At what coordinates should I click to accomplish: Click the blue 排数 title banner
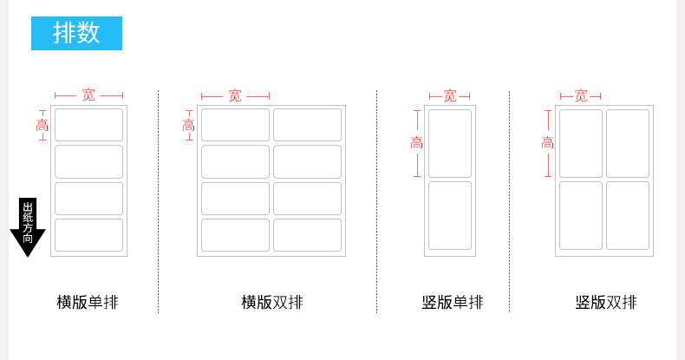[76, 33]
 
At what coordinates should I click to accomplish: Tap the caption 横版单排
[88, 303]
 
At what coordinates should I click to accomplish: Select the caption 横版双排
[272, 303]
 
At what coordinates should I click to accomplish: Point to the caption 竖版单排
[453, 303]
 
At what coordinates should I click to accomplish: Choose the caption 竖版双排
[606, 303]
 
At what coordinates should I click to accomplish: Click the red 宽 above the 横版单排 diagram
[88, 95]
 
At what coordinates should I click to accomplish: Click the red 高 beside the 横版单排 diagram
[42, 126]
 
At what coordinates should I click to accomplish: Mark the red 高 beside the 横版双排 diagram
[188, 126]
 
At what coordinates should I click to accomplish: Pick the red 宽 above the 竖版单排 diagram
[450, 96]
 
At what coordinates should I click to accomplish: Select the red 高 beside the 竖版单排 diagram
[417, 143]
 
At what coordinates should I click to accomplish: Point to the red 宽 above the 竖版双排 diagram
[581, 96]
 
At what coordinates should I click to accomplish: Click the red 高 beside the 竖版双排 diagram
[547, 143]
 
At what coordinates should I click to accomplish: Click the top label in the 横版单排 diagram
[88, 125]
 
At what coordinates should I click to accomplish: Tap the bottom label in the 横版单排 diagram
[88, 235]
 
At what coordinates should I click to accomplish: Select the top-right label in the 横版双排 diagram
[307, 125]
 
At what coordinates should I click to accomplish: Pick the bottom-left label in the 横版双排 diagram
[235, 235]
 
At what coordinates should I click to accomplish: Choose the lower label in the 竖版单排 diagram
[450, 215]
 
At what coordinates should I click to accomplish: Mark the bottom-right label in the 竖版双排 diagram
[628, 215]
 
